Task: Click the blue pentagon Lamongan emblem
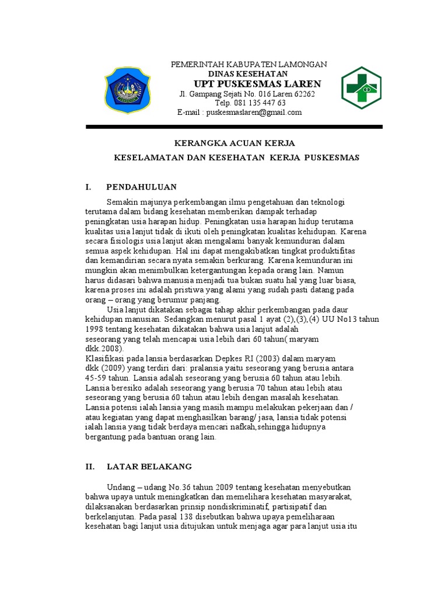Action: coord(127,90)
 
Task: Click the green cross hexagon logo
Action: coord(361,88)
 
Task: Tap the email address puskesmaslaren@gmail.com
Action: coord(252,113)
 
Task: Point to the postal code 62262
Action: coord(303,94)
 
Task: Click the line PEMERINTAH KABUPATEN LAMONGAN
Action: coord(249,64)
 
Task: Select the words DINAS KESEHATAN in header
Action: coord(248,74)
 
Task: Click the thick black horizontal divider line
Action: coord(234,127)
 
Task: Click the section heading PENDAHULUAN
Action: coord(141,187)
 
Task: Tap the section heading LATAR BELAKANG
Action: coord(149,467)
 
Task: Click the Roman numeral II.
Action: coord(90,467)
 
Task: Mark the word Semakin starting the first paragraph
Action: coord(121,202)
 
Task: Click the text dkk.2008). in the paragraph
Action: coord(104,347)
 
